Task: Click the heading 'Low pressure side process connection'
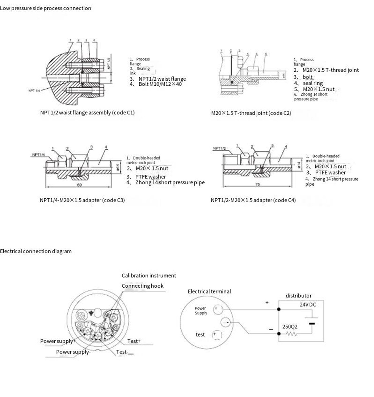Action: click(46, 8)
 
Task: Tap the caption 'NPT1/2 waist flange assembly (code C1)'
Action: click(87, 113)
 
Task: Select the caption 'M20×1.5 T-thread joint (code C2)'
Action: click(251, 113)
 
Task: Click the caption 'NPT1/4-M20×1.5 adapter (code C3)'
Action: click(82, 200)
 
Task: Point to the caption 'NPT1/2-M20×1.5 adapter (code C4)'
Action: click(253, 200)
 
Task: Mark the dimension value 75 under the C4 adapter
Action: click(258, 185)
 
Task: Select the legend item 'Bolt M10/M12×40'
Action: click(160, 84)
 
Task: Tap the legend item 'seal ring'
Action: click(313, 83)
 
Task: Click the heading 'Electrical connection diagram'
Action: click(36, 251)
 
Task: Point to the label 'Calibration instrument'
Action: click(149, 276)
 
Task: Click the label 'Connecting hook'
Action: click(142, 286)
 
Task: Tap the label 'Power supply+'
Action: click(58, 341)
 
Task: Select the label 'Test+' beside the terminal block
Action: click(134, 341)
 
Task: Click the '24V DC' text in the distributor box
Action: click(308, 305)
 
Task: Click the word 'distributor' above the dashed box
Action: click(298, 296)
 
